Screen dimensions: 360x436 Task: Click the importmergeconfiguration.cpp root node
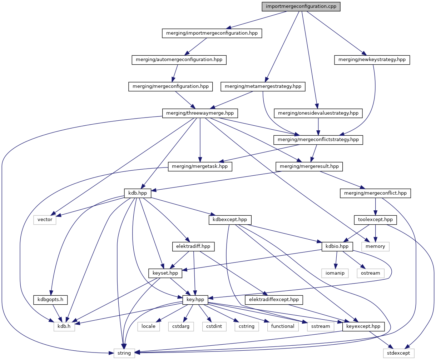[301, 7]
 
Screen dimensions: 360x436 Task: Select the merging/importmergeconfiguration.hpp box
[212, 33]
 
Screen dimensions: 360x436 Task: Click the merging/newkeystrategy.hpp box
[372, 60]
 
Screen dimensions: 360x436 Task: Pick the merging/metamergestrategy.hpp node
[263, 86]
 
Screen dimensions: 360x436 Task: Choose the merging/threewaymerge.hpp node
[200, 113]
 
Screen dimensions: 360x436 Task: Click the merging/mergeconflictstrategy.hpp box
[318, 140]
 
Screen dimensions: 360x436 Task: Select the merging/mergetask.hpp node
[200, 166]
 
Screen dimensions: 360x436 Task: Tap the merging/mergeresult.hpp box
[309, 166]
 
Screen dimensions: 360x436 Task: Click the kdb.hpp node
[138, 193]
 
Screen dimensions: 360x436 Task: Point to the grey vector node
[45, 220]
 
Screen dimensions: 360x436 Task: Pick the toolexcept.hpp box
[375, 220]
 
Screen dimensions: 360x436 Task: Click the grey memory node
[375, 246]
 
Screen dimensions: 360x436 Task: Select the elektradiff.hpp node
[193, 246]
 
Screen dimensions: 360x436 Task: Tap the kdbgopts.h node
[50, 300]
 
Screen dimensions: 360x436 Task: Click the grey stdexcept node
[399, 353]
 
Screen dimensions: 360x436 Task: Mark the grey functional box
[283, 326]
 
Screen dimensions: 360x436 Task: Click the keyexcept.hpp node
[363, 326]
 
